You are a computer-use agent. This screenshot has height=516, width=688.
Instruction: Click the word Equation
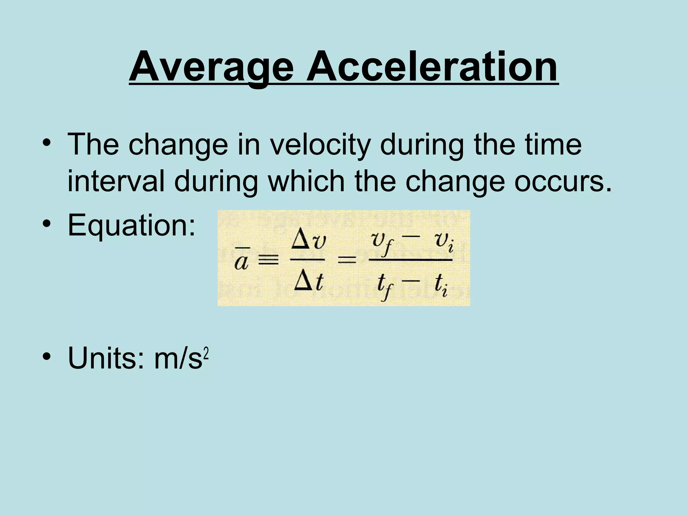tap(131, 225)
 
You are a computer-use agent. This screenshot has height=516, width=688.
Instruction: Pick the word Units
tap(107, 358)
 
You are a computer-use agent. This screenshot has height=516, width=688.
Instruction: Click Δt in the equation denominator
tap(308, 282)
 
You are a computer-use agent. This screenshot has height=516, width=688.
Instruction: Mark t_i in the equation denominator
tap(440, 286)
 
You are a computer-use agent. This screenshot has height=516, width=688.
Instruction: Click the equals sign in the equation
tap(347, 260)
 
